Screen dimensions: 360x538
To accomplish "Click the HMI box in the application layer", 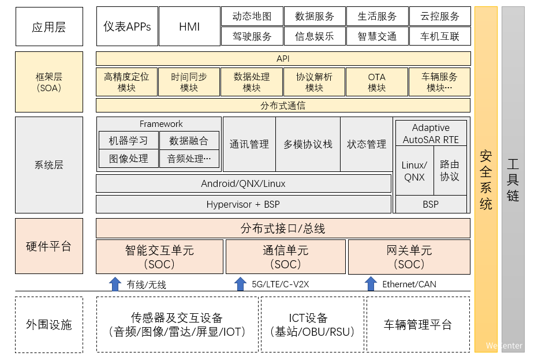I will pos(189,27).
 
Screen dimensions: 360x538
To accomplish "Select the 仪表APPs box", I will pos(127,27).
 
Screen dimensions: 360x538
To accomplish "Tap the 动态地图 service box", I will pos(252,16).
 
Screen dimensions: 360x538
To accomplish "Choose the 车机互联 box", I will pos(440,36).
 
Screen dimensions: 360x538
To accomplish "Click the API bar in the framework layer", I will pos(283,59).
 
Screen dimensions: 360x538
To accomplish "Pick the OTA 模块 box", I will pos(376,82).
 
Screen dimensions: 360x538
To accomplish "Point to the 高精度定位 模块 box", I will pos(126,82).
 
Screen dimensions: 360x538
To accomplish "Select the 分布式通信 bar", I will pos(283,106).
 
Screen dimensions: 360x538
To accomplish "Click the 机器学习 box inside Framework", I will pos(128,140).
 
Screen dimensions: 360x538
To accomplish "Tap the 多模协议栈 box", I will pos(308,144).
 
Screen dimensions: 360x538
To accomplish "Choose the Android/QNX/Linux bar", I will pos(243,184).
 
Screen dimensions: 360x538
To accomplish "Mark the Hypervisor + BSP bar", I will pos(243,204).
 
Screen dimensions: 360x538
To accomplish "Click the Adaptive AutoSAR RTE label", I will pos(431,133).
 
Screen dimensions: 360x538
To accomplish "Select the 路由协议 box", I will pos(450,170).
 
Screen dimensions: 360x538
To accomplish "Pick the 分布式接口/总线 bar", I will pos(283,228).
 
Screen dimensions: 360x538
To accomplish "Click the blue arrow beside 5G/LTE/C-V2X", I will pos(240,284).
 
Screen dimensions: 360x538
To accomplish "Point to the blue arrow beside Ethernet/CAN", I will pos(371,284).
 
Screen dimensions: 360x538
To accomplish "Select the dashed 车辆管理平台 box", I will pos(418,324).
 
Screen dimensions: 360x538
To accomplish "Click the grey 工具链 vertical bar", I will pos(513,179).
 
